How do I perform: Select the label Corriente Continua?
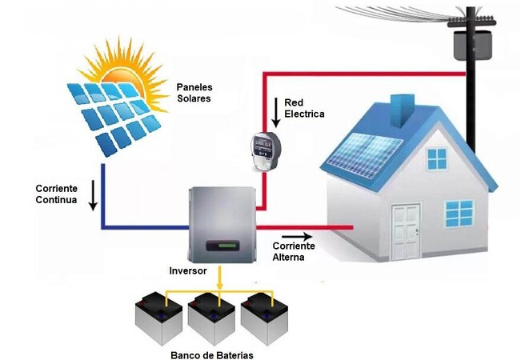click(56, 194)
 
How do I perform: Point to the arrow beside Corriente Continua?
click(94, 195)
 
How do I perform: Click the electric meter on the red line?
click(261, 149)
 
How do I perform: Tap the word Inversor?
click(188, 271)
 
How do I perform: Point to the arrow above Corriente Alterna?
click(295, 237)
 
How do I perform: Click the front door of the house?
click(406, 232)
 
